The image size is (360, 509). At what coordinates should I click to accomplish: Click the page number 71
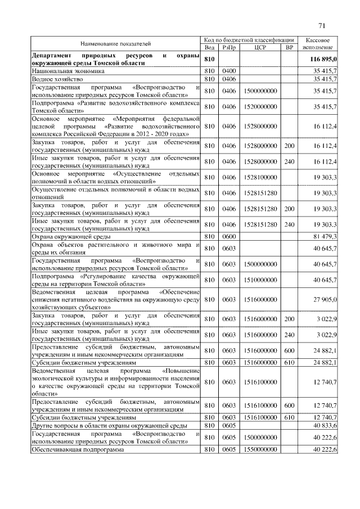pyautogui.click(x=322, y=25)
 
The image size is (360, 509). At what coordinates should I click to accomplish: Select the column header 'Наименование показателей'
pyautogui.click(x=115, y=43)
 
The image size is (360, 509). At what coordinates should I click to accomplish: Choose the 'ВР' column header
pyautogui.click(x=289, y=48)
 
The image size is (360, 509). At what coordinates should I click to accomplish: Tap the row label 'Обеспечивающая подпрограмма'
pyautogui.click(x=79, y=450)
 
